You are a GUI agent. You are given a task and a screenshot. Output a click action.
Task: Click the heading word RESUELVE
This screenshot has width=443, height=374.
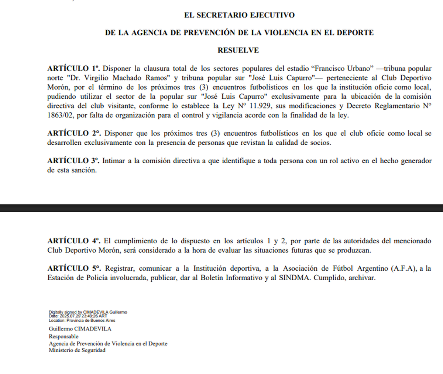click(x=238, y=50)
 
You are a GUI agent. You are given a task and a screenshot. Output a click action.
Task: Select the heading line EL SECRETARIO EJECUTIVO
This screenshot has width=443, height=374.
click(x=239, y=15)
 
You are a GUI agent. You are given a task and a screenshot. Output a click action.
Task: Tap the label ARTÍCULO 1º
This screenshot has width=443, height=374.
click(x=73, y=69)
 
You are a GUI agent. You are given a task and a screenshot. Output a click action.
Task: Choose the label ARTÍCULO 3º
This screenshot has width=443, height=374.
click(x=73, y=161)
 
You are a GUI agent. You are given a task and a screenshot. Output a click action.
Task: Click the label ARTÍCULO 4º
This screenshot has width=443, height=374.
click(x=74, y=241)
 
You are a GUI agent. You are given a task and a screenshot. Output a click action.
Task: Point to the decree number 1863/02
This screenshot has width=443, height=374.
click(x=60, y=115)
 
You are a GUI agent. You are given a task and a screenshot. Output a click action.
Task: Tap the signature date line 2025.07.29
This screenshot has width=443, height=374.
click(x=78, y=316)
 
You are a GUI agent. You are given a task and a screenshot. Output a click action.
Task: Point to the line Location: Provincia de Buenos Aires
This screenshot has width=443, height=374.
click(x=82, y=320)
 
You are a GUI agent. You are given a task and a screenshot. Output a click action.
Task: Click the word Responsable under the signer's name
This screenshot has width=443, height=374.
click(x=63, y=336)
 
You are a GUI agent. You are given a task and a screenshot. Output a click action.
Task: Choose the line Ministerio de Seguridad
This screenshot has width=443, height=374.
click(x=77, y=350)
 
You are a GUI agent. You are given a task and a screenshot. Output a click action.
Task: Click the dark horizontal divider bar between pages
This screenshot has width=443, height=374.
click(x=221, y=208)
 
